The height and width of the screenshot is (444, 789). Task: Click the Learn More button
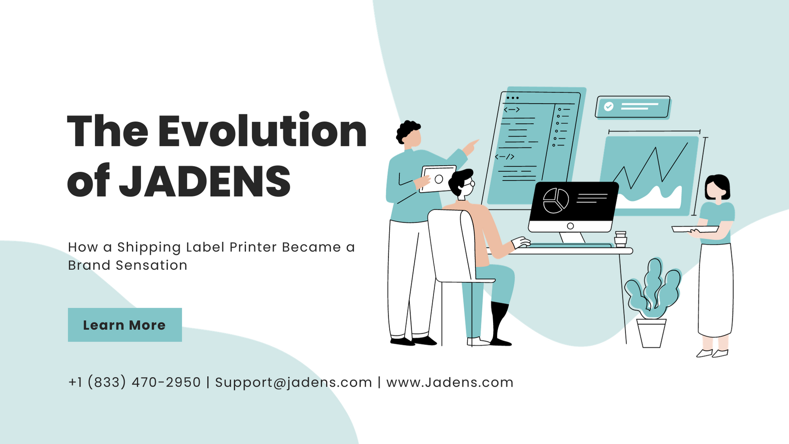tap(125, 325)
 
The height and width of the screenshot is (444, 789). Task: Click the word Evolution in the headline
tap(262, 131)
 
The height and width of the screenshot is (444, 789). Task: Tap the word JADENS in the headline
tap(205, 181)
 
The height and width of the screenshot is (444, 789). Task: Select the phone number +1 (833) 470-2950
tap(135, 382)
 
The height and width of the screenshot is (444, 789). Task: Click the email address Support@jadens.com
tap(293, 382)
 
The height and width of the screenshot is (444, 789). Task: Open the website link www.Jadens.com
tap(450, 382)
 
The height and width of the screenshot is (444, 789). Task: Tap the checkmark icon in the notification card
tap(608, 107)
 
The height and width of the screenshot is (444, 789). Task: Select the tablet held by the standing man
tap(438, 179)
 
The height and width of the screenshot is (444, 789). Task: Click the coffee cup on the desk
tap(620, 239)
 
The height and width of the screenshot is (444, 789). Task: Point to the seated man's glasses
tap(470, 184)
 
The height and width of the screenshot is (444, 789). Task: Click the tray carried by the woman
tap(695, 229)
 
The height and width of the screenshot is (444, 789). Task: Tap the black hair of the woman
tap(717, 185)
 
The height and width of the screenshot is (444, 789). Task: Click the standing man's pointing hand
tap(471, 147)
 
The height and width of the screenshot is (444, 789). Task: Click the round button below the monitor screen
tap(570, 226)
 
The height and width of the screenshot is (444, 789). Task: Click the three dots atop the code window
tap(512, 98)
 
